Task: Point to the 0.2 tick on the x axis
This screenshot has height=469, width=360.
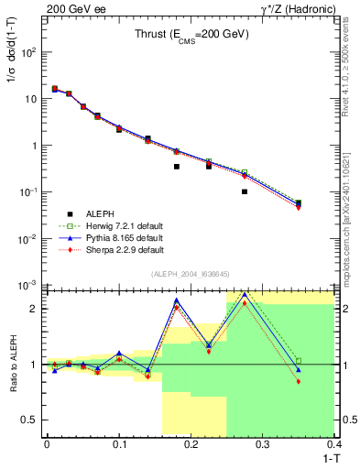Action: (x=191, y=444)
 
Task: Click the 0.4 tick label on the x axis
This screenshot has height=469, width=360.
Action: (x=336, y=444)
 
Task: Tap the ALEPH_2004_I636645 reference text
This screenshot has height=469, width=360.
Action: (x=191, y=275)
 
